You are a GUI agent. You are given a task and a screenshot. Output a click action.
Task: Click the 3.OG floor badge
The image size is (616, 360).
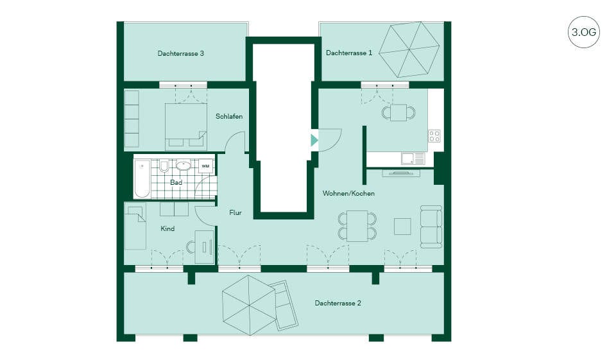pos(584,32)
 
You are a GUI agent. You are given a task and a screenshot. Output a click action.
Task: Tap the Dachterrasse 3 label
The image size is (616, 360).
pos(181,53)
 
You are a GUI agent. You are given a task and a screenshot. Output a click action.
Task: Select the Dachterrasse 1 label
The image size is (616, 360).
pos(349,53)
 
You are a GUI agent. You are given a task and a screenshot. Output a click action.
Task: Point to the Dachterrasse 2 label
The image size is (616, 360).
pos(338,303)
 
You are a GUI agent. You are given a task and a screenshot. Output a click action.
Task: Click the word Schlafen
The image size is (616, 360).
pos(229,116)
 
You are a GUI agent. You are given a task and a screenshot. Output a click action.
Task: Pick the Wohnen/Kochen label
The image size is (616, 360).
pos(348,193)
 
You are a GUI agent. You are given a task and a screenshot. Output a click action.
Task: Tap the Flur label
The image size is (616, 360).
pos(235,212)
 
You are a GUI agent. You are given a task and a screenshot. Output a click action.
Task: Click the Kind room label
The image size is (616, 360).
pos(167,228)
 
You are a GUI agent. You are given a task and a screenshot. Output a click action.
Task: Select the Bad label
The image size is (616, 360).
pos(176,182)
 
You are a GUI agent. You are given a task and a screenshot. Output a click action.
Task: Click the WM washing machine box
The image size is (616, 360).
pos(205,166)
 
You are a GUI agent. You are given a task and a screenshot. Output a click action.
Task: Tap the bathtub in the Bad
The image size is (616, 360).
pos(142,179)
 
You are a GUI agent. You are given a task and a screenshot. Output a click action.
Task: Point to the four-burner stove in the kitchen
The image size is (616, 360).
pos(434,136)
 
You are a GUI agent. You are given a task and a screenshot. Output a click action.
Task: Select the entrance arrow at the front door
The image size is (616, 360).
pos(314,140)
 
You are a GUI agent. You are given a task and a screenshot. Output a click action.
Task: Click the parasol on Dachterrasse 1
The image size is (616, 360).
pos(409,49)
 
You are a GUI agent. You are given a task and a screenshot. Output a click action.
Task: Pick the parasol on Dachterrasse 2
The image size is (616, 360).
pos(249,305)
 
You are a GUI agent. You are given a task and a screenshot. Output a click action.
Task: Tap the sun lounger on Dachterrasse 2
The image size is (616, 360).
pos(284,305)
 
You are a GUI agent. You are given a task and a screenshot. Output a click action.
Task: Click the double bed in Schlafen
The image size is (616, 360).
pos(186,126)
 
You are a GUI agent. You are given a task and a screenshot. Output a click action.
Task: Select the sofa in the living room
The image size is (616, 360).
pos(431,227)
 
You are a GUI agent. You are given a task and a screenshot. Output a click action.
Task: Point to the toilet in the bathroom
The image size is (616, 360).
pos(164,166)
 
